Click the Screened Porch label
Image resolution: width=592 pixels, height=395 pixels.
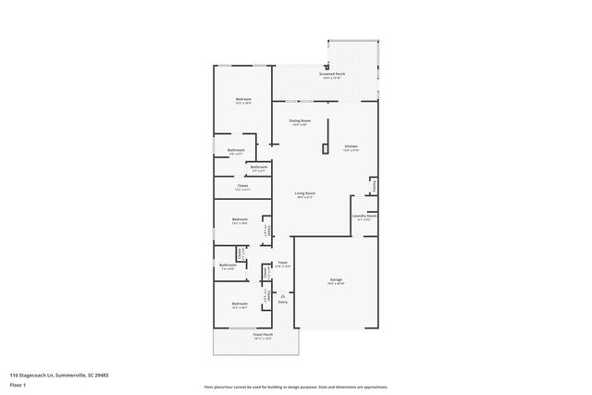tap(331, 73)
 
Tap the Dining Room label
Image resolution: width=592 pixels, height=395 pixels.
tap(299, 120)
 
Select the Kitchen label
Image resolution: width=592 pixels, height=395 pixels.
tap(351, 146)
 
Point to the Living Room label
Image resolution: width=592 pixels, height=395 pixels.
tap(304, 192)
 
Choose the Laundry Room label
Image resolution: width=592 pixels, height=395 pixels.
tap(362, 216)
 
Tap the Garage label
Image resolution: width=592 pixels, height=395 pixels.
tap(336, 278)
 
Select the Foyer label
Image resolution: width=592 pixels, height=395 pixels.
tap(283, 263)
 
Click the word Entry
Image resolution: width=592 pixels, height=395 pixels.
tap(283, 302)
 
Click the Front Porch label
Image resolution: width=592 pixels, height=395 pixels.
tap(263, 335)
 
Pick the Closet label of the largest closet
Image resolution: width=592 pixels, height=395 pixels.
tap(242, 186)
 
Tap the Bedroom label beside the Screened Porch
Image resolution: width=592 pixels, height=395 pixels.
tap(242, 99)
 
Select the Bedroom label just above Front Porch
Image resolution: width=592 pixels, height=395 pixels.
tap(240, 303)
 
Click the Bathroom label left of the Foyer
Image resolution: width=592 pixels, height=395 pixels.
tap(228, 265)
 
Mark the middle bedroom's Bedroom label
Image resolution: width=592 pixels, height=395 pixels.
tap(240, 219)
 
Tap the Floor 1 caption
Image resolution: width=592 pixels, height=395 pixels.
tap(18, 384)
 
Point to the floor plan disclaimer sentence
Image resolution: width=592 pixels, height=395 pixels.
tap(295, 387)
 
